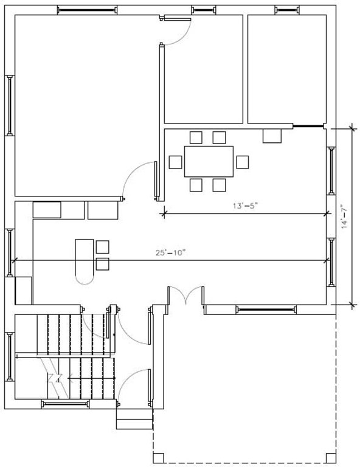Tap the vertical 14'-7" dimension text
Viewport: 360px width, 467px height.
tap(344, 215)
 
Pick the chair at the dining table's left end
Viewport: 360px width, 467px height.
tap(175, 162)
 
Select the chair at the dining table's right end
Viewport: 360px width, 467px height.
tap(243, 162)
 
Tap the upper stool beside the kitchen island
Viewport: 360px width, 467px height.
tap(102, 246)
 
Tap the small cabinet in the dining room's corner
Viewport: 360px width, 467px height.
tap(272, 135)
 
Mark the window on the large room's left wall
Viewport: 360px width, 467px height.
tap(10, 105)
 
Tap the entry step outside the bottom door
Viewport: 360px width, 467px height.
tap(134, 419)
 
